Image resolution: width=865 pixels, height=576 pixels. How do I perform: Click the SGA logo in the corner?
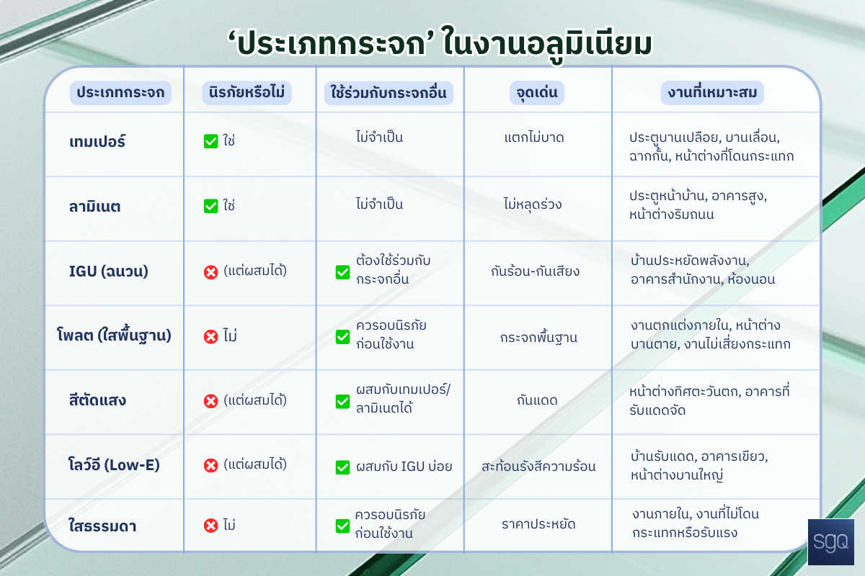point(830,541)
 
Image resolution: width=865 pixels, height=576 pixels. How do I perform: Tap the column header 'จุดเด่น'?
point(537,93)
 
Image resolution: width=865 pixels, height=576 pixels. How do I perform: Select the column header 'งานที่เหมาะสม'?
point(712,93)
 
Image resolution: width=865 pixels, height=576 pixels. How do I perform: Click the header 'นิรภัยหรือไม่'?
point(247,93)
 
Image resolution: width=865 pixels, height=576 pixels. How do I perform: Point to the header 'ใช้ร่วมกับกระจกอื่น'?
point(389,93)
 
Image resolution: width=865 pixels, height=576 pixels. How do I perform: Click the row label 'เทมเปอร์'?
point(97,142)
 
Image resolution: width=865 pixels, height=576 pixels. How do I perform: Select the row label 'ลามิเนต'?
point(94,207)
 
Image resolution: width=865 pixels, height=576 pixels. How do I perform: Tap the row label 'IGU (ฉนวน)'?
point(109,271)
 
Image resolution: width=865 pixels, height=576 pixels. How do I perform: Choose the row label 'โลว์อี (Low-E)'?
point(114,465)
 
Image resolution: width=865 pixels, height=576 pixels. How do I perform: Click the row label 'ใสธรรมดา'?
point(102,526)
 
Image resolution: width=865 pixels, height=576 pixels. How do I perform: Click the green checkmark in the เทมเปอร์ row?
point(210,141)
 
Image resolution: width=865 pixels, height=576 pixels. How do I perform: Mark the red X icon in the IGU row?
point(210,272)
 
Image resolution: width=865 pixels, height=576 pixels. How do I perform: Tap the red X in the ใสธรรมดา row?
point(210,526)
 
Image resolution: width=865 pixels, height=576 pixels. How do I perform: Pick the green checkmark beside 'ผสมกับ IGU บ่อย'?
point(342,467)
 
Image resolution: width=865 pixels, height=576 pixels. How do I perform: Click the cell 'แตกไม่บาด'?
point(534,138)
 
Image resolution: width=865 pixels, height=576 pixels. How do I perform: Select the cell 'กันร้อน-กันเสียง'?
point(535,271)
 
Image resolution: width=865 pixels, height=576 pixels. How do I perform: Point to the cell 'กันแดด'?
point(537,400)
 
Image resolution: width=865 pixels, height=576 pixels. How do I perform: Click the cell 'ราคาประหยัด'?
point(538,524)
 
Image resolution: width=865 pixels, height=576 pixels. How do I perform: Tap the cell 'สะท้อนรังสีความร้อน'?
point(538,467)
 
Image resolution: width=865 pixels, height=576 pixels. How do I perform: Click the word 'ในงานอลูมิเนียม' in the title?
point(548,45)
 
